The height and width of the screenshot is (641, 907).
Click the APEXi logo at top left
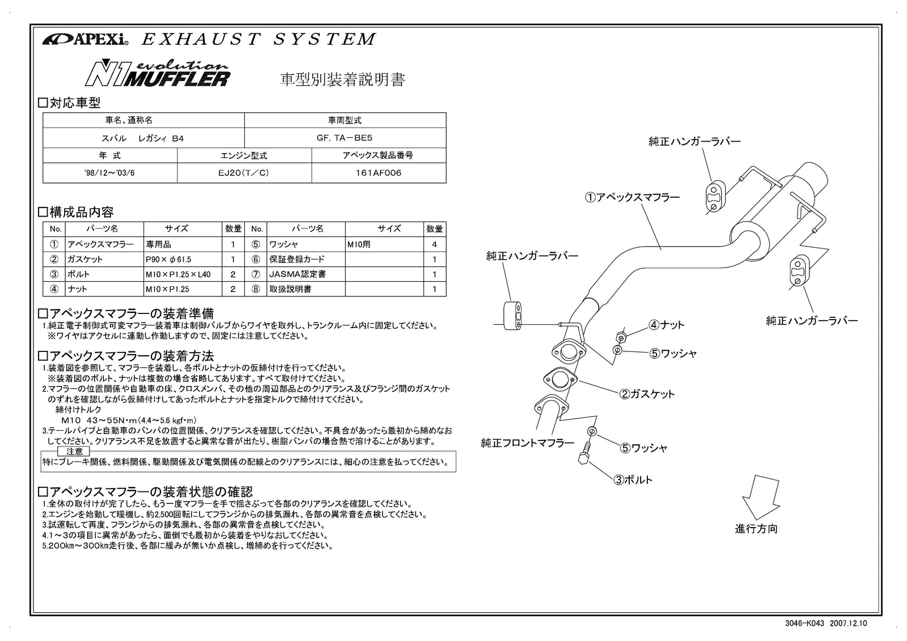(x=85, y=40)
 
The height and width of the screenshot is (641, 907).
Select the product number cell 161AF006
(x=379, y=173)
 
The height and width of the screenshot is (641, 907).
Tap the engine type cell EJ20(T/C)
(x=244, y=173)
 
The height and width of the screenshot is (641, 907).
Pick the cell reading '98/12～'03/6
(x=109, y=173)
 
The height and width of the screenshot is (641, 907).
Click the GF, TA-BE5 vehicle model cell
(x=345, y=137)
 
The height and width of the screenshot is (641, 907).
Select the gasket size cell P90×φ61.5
(x=168, y=260)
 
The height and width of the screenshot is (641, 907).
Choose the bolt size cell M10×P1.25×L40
(x=177, y=274)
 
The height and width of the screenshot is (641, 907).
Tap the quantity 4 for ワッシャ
(x=435, y=245)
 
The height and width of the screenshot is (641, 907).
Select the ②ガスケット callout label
(x=646, y=394)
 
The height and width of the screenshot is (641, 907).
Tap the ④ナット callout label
(x=667, y=325)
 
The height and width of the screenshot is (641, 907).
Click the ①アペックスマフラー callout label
(x=632, y=197)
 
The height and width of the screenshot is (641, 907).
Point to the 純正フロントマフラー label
(x=527, y=443)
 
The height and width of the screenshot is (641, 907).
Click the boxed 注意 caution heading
(x=74, y=451)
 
